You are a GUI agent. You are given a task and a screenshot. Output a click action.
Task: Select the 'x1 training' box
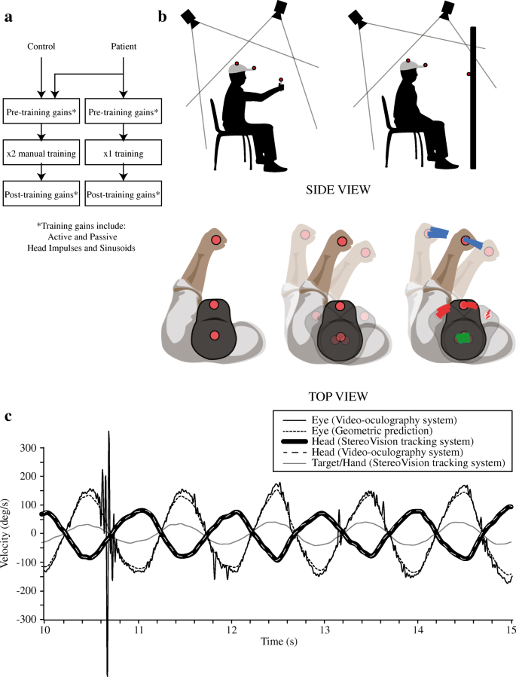(122, 154)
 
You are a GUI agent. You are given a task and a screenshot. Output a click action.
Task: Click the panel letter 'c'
(7, 416)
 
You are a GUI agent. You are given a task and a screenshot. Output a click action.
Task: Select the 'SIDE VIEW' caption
(337, 190)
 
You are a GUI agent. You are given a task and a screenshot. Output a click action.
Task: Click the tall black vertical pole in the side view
(473, 98)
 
